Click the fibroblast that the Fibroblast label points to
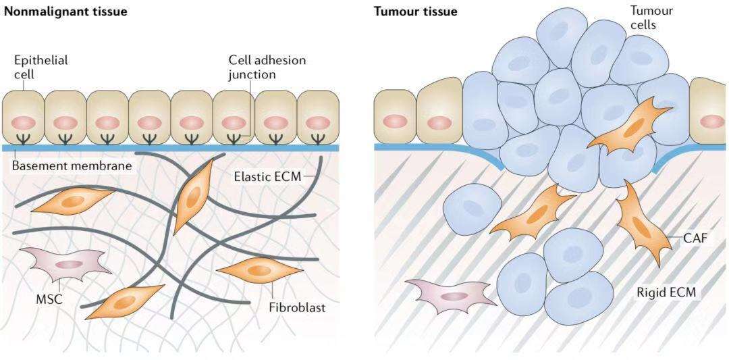259,269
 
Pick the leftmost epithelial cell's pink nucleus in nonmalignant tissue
24,124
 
